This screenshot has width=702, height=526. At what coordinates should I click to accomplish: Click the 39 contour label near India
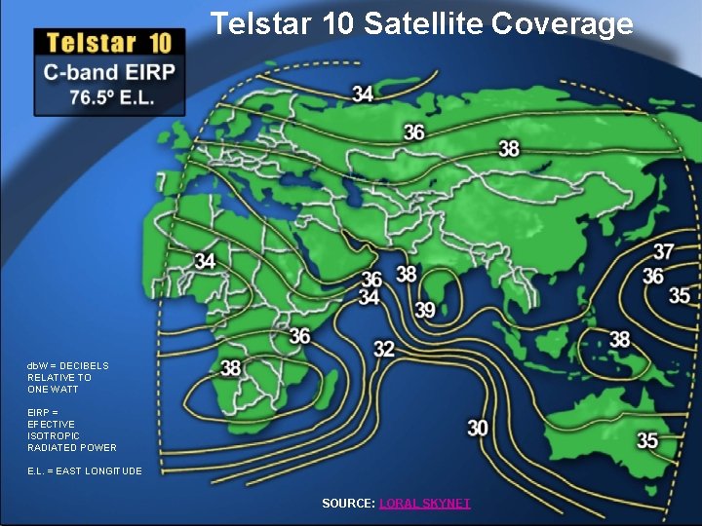coord(425,309)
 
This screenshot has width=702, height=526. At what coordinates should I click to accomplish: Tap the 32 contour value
coord(384,348)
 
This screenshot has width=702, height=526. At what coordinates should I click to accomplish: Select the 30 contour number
coord(478,428)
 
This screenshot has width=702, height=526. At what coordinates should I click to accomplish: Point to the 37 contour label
coord(664,251)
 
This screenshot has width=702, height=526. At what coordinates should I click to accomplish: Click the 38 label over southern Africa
coord(231,367)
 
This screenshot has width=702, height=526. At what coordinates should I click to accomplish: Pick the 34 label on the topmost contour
coord(363,94)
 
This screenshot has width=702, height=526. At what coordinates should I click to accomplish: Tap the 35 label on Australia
coord(647,440)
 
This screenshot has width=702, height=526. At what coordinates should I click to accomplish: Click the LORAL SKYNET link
coord(424,504)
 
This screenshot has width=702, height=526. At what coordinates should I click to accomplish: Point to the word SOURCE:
coord(348,504)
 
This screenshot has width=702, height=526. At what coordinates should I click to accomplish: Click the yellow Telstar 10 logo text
coord(109,42)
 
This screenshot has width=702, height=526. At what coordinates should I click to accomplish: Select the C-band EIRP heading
coord(109,73)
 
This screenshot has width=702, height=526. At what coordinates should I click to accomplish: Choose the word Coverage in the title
coord(563,23)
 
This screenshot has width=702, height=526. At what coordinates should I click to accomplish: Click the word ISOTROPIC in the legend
coord(54,435)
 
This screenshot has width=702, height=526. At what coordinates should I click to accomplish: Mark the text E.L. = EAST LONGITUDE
coord(85,471)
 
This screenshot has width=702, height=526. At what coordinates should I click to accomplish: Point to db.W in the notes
coord(39,366)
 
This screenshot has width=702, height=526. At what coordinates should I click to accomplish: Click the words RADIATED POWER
coord(72,448)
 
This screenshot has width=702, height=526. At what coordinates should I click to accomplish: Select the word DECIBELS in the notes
coord(84,366)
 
